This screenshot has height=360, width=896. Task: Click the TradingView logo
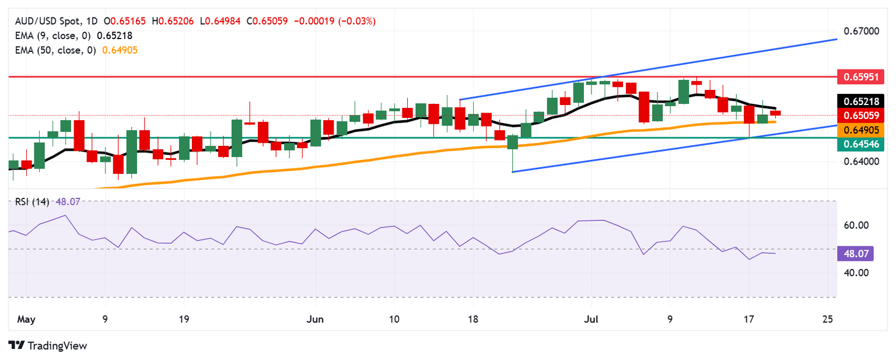tap(48, 345)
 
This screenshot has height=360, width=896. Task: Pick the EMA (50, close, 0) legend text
tap(54, 50)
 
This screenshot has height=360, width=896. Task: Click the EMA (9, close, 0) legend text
tap(51, 36)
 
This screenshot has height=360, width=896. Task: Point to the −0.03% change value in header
tap(360, 21)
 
